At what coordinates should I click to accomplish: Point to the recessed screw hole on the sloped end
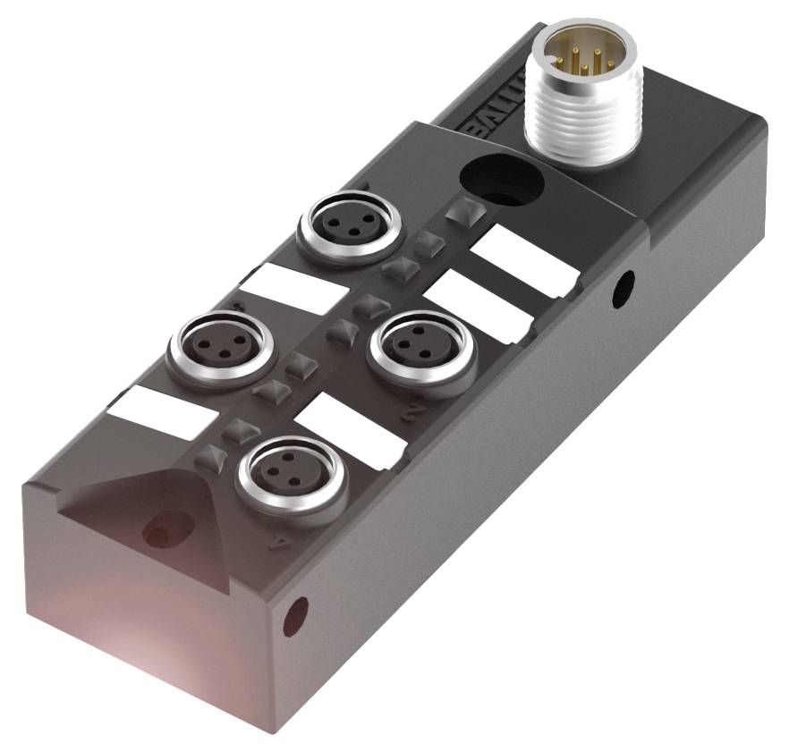[160, 533]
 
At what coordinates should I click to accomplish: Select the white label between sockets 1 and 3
[293, 290]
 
